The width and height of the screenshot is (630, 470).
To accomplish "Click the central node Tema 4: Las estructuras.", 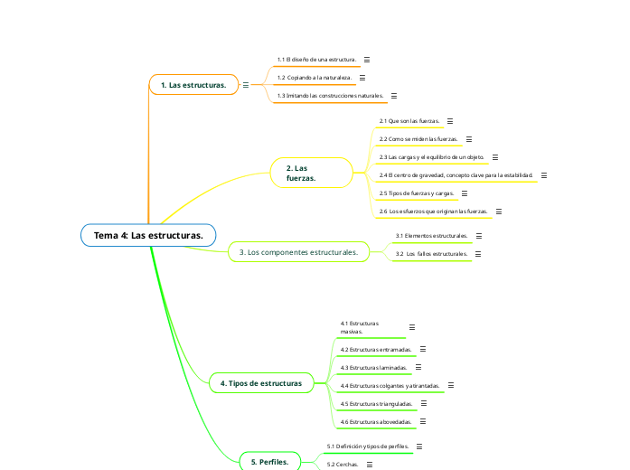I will pyautogui.click(x=148, y=236).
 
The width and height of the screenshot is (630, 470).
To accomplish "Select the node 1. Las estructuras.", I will pyautogui.click(x=193, y=85).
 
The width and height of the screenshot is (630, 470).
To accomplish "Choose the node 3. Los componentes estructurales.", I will pyautogui.click(x=297, y=251).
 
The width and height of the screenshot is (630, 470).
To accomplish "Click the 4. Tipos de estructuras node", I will pyautogui.click(x=260, y=383).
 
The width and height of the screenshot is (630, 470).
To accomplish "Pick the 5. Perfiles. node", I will pyautogui.click(x=268, y=462).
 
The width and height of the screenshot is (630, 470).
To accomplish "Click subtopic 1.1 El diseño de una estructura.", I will pyautogui.click(x=316, y=59).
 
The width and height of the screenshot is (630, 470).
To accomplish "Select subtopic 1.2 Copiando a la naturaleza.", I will pyautogui.click(x=314, y=77).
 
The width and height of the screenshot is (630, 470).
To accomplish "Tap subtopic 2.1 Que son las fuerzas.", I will pyautogui.click(x=409, y=120).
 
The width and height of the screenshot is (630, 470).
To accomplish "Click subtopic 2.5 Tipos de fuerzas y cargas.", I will pyautogui.click(x=416, y=193).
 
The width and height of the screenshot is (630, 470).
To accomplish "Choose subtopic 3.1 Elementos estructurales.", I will pyautogui.click(x=431, y=236).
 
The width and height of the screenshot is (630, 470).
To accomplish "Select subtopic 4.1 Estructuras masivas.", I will pyautogui.click(x=360, y=327).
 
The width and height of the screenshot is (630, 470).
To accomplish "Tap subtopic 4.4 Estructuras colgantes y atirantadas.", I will pyautogui.click(x=390, y=385).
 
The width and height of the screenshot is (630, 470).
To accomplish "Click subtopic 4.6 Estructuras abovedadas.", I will pyautogui.click(x=376, y=422).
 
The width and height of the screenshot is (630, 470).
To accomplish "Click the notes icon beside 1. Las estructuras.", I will pyautogui.click(x=246, y=85).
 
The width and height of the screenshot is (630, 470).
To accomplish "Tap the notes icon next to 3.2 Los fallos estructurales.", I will pyautogui.click(x=478, y=254).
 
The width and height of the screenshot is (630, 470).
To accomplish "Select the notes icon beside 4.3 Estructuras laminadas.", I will pyautogui.click(x=420, y=368).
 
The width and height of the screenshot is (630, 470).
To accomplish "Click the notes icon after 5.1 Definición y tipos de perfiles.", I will pyautogui.click(x=419, y=446).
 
